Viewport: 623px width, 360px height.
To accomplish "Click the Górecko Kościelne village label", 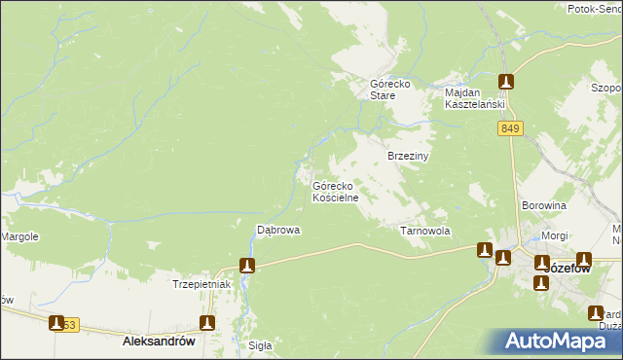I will [x=336, y=191].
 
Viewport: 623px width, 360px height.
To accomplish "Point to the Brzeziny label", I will [x=409, y=156].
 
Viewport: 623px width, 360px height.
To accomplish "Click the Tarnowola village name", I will [x=425, y=232].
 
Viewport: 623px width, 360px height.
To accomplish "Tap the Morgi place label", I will [x=555, y=236].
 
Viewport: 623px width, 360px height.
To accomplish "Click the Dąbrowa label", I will [x=277, y=231].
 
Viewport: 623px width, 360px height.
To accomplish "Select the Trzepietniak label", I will [x=200, y=284].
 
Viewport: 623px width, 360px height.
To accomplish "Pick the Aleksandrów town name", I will [x=160, y=342].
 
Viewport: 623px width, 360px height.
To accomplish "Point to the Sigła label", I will [x=260, y=345].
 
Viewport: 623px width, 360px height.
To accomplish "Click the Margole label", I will [x=18, y=236].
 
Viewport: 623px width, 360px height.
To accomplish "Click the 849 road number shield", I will [x=511, y=128].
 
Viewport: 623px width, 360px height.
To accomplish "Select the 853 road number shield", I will [x=66, y=324].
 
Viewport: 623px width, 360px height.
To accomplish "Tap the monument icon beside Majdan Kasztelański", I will [x=505, y=83].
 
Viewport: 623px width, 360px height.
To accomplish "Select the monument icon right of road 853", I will [x=206, y=322].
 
